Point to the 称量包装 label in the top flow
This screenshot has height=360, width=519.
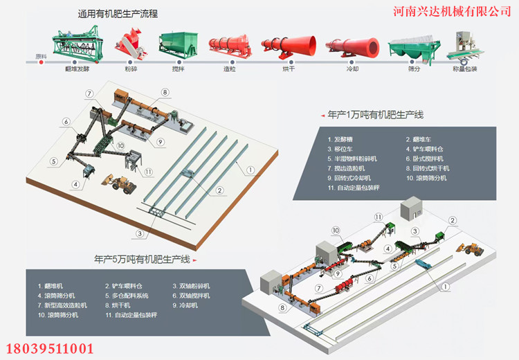tap(464, 69)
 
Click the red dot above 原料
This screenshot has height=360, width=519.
tap(42, 62)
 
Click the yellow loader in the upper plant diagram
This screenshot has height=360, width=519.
tap(122, 186)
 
